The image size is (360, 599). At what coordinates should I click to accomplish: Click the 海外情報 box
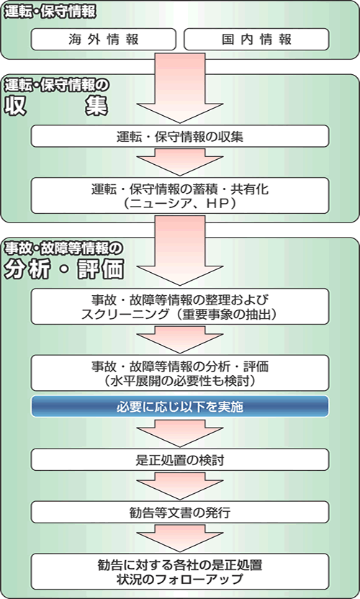(103, 40)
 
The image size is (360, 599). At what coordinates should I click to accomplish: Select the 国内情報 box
(256, 40)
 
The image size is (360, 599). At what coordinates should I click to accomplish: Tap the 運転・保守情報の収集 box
(180, 136)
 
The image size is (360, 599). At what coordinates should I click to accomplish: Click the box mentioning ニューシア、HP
(180, 195)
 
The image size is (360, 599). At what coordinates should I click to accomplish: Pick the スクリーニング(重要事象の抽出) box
(180, 307)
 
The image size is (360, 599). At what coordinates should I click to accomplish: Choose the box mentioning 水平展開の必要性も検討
(180, 373)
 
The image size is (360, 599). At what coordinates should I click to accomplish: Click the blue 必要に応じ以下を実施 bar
(180, 406)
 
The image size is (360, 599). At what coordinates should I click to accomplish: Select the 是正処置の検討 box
(180, 459)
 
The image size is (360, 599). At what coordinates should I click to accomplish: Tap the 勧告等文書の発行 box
(180, 512)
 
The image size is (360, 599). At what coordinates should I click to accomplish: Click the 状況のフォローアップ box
(180, 572)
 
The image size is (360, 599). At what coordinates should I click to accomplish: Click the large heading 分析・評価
(64, 269)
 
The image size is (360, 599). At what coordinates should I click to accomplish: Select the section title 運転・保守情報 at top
(50, 12)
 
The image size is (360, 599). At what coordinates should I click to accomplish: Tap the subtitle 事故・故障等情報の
(63, 248)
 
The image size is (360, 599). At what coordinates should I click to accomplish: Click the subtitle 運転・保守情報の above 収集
(56, 85)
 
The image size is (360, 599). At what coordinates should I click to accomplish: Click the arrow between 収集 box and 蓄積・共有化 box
(180, 162)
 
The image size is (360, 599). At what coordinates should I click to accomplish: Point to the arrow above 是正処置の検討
(180, 433)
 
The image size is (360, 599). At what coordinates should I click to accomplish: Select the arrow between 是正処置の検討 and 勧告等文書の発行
(180, 485)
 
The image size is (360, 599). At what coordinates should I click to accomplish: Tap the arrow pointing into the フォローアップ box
(180, 538)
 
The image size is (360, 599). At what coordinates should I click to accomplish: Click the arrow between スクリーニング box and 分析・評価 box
(180, 340)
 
